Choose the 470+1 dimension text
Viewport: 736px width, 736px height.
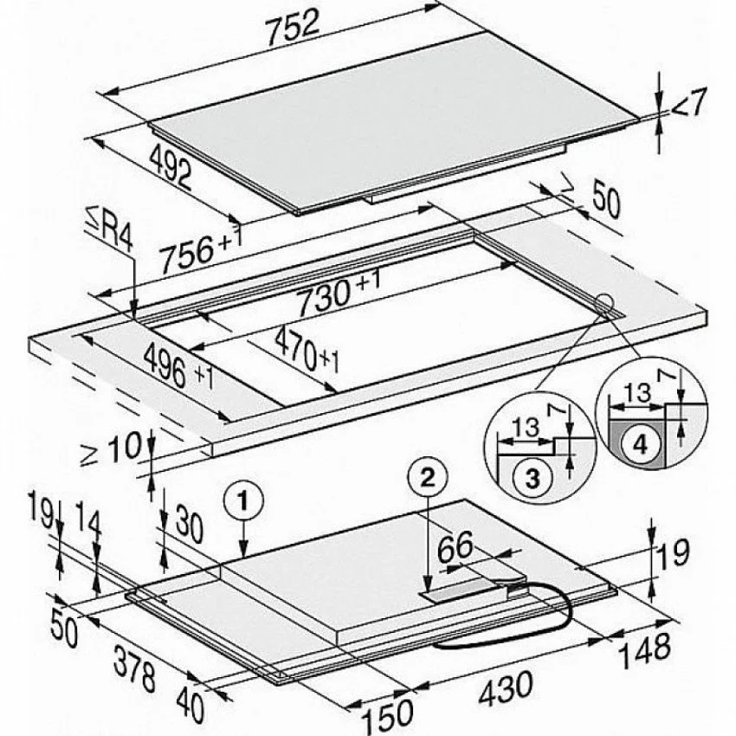click(306, 350)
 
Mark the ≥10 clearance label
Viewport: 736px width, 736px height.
click(111, 449)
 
